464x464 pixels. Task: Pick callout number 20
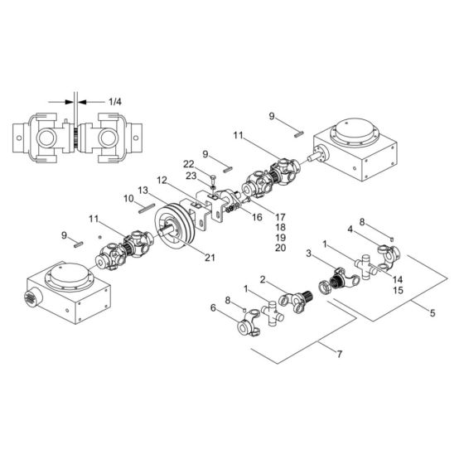coord(281,248)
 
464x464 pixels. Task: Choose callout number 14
coord(399,280)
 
